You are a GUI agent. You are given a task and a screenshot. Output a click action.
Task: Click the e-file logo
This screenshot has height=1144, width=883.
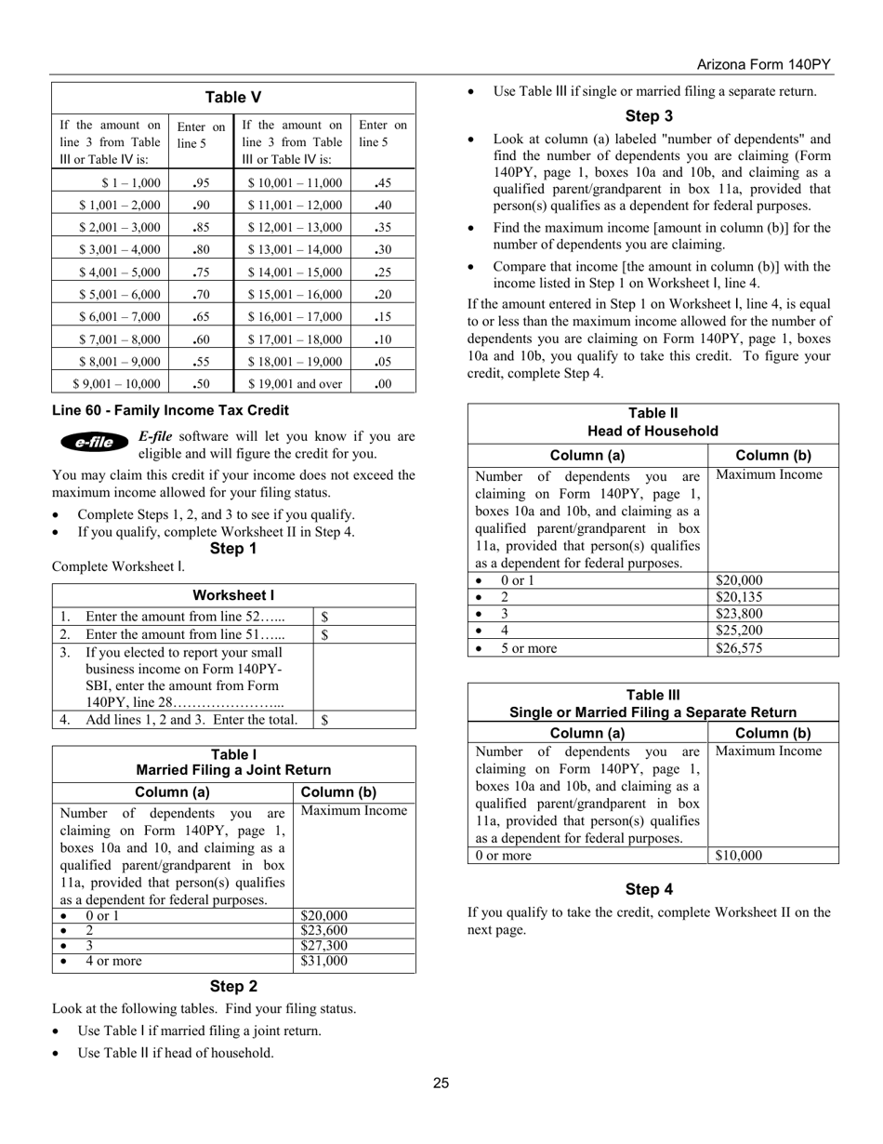point(95,442)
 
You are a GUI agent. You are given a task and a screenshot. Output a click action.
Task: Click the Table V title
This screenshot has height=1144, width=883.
point(233,97)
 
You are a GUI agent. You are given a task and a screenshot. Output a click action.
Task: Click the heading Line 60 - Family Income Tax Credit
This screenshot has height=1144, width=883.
point(170,410)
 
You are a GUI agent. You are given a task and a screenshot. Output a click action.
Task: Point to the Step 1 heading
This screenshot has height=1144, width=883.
point(233,549)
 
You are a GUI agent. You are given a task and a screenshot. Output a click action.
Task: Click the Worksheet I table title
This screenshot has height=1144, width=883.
point(233,595)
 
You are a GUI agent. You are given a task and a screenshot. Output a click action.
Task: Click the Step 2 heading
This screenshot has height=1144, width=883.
point(233,987)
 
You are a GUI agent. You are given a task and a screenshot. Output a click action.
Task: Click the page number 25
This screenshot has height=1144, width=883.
point(441,1083)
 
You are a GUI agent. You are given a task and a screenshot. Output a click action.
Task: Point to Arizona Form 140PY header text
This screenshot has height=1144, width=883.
point(764,65)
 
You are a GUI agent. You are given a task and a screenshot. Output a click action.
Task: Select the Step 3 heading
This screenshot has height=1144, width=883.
point(649,116)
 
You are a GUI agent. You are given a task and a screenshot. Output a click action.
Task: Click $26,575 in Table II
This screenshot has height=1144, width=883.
point(739,648)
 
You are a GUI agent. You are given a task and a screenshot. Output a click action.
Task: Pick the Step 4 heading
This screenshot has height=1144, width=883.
point(649,889)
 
